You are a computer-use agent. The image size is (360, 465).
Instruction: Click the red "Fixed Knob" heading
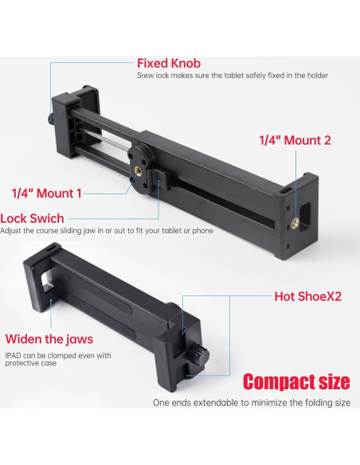click(170, 63)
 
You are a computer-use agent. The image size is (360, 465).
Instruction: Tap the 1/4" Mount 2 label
click(295, 139)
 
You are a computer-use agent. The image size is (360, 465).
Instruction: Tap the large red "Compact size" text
click(296, 381)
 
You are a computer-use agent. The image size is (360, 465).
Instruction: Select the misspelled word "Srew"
click(146, 76)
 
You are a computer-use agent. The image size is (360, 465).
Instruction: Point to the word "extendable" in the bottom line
click(220, 403)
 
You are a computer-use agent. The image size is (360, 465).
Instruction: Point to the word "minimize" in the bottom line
click(268, 403)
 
